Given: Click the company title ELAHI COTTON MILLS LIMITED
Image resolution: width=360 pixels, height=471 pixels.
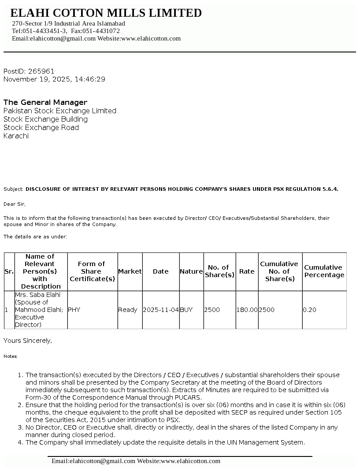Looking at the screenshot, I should [106, 13].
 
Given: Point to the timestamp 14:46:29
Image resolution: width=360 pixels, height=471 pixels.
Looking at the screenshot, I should [90, 79].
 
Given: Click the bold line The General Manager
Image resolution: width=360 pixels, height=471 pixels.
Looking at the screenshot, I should [45, 102].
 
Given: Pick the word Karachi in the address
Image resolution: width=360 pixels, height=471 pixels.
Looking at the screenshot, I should [16, 136].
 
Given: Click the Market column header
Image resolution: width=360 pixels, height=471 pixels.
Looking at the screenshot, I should [130, 271].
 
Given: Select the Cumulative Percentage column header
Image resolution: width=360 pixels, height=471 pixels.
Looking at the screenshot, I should [324, 271].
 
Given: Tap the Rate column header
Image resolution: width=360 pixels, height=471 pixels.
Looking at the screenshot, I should [247, 271].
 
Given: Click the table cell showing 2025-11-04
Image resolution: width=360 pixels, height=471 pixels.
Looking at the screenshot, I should [161, 310].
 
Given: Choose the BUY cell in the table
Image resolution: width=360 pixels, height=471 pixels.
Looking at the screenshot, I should [186, 310].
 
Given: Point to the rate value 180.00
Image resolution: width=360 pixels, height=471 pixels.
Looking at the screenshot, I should [247, 310].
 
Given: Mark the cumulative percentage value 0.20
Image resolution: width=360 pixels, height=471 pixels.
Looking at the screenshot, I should [309, 310].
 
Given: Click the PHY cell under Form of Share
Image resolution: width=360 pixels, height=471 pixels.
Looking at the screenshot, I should [74, 310].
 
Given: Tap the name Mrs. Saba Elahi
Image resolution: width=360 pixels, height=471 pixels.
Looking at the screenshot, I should [38, 295].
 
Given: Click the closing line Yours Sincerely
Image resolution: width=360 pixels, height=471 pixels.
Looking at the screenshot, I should [28, 341].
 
